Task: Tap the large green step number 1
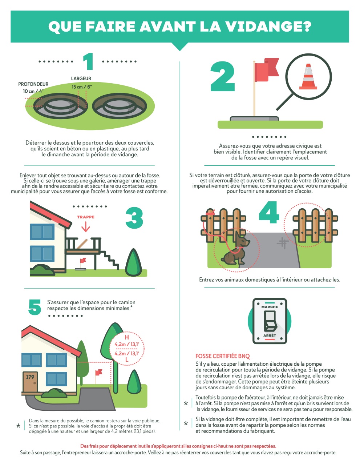pyautogui.click(x=88, y=61)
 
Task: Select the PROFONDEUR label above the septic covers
pyautogui.click(x=33, y=84)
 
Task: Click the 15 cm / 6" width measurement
pyautogui.click(x=82, y=87)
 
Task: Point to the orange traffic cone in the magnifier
pyautogui.click(x=308, y=76)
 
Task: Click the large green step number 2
pyautogui.click(x=223, y=77)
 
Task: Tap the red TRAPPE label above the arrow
pyautogui.click(x=86, y=217)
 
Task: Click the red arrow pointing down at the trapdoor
pyautogui.click(x=86, y=226)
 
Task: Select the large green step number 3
pyautogui.click(x=134, y=218)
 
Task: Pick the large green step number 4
pyautogui.click(x=269, y=212)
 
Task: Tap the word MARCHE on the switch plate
pyautogui.click(x=270, y=307)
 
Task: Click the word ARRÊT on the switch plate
pyautogui.click(x=270, y=335)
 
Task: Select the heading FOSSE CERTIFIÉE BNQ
pyautogui.click(x=223, y=356)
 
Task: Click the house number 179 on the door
pyautogui.click(x=30, y=377)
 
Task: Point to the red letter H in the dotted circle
pyautogui.click(x=127, y=337)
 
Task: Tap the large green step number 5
pyautogui.click(x=35, y=307)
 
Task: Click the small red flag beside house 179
pyautogui.click(x=98, y=373)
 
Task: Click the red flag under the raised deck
pyautogui.click(x=83, y=261)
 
